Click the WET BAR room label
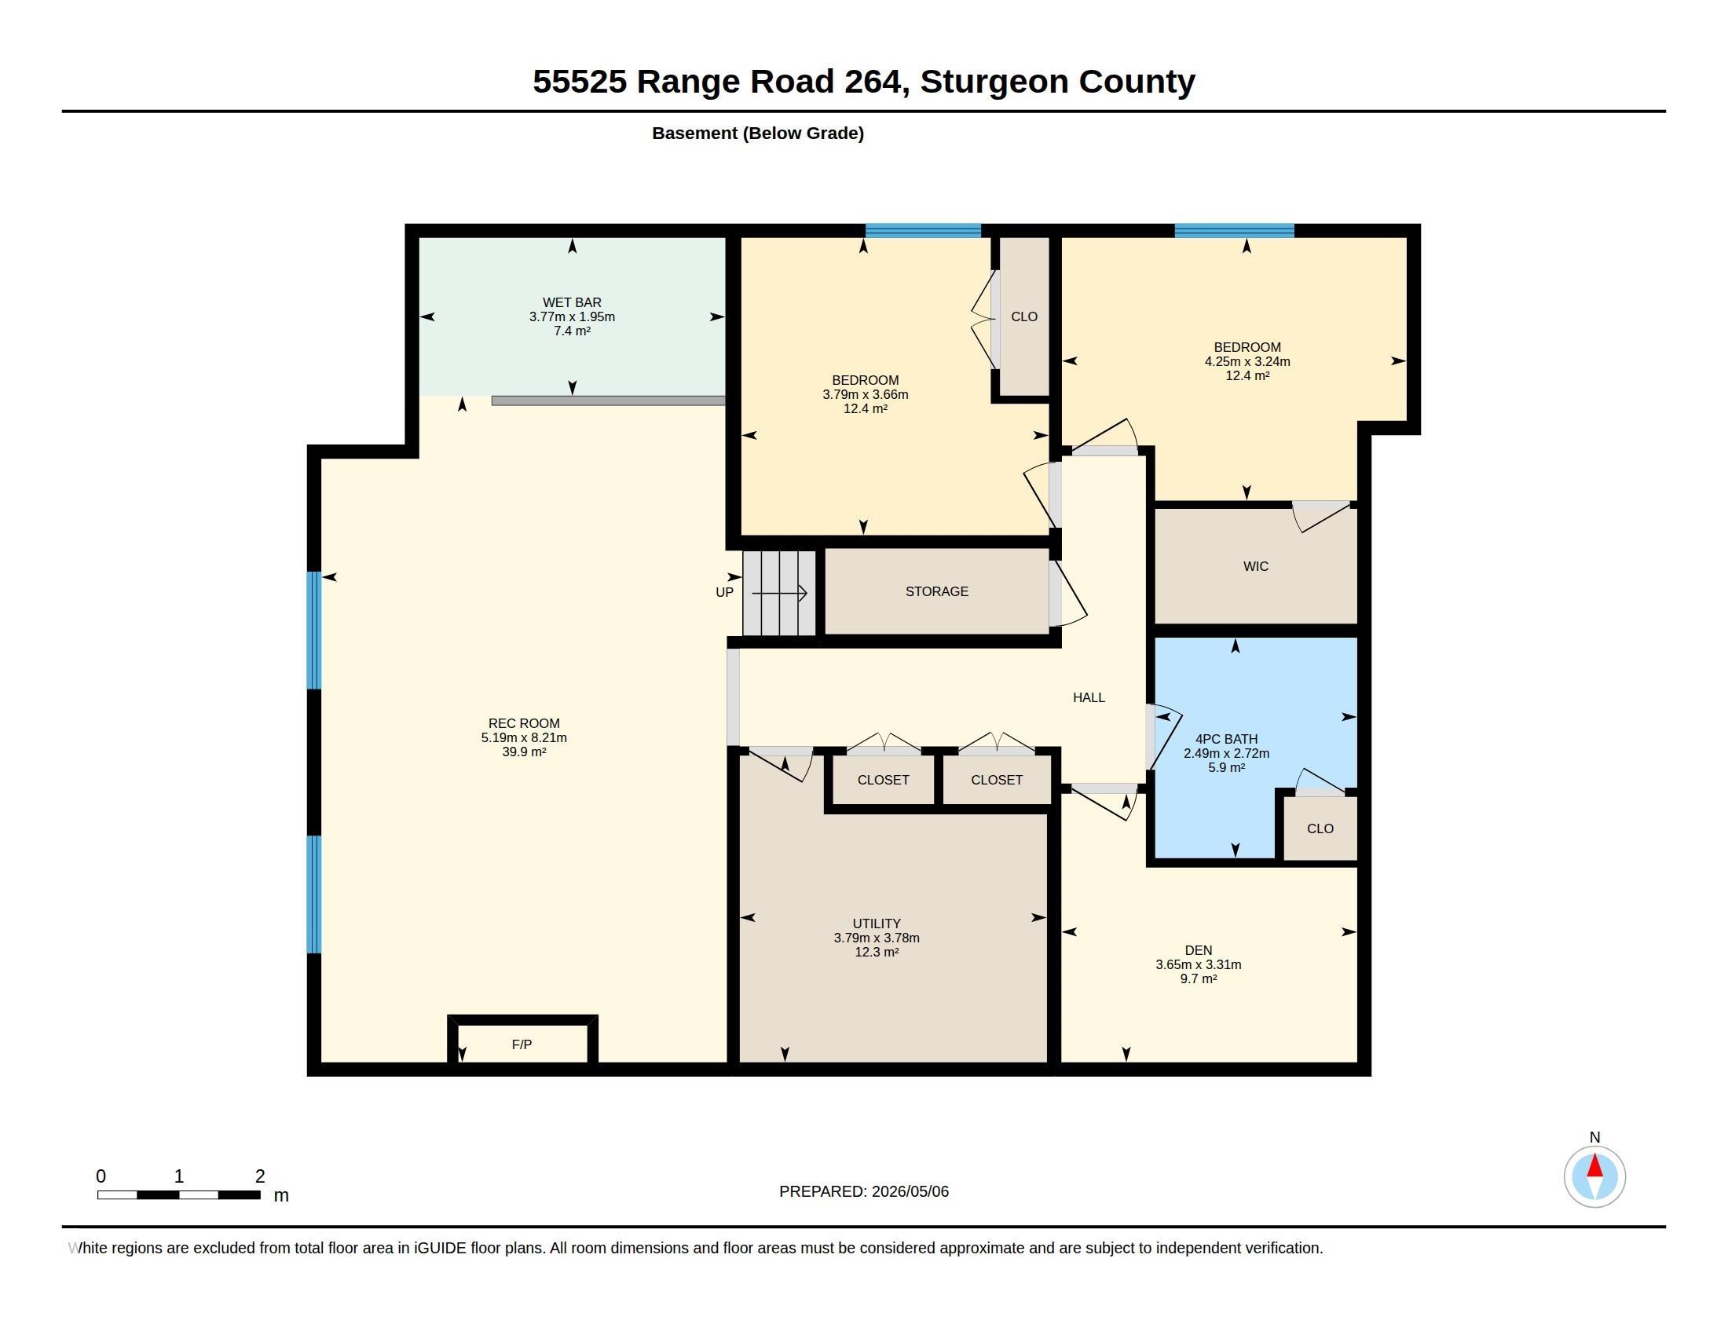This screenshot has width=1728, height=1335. point(571,302)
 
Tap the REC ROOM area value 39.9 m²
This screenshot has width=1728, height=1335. point(524,752)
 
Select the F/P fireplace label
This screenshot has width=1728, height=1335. point(522,1044)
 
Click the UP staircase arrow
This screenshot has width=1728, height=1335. point(779,592)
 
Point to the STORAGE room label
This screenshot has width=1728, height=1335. point(937,591)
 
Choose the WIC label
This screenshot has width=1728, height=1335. point(1256,566)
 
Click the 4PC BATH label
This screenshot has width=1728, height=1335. point(1226,739)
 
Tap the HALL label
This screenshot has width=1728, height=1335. point(1089,697)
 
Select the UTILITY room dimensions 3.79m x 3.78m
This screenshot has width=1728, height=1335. point(876,938)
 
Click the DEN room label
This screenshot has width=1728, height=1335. point(1198,951)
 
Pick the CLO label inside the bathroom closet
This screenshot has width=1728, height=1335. point(1320,828)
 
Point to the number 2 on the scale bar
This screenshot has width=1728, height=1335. point(259,1176)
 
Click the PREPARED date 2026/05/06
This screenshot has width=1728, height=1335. point(910,1191)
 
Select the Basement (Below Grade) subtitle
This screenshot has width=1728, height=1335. point(758,133)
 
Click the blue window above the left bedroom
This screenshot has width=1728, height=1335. point(923,231)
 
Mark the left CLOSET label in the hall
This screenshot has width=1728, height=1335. point(883,780)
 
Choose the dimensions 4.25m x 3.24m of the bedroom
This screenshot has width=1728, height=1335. point(1247,361)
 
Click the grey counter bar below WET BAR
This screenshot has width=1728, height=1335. point(609,401)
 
